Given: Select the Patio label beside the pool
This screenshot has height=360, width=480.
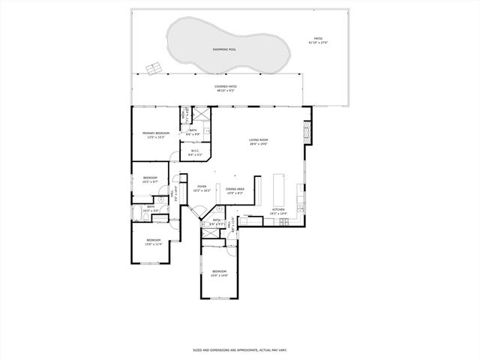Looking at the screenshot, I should pos(318,40).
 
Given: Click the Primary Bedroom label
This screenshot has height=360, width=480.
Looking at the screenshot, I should pos(156,135).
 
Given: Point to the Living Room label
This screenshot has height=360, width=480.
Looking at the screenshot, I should pos(259,142).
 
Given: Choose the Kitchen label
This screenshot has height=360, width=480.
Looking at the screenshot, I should pos(278,212).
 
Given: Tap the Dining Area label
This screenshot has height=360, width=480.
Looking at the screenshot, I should pos(235,190).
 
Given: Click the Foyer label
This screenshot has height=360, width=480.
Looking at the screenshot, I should pos(202,188).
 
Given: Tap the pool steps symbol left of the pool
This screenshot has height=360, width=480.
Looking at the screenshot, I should pos(152,69).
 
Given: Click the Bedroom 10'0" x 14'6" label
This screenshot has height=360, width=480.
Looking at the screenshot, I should pos(219,272).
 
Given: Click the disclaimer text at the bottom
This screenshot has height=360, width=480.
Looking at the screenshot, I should pos(239,349).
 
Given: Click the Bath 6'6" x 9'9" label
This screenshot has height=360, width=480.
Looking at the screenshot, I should pos(193,132).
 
